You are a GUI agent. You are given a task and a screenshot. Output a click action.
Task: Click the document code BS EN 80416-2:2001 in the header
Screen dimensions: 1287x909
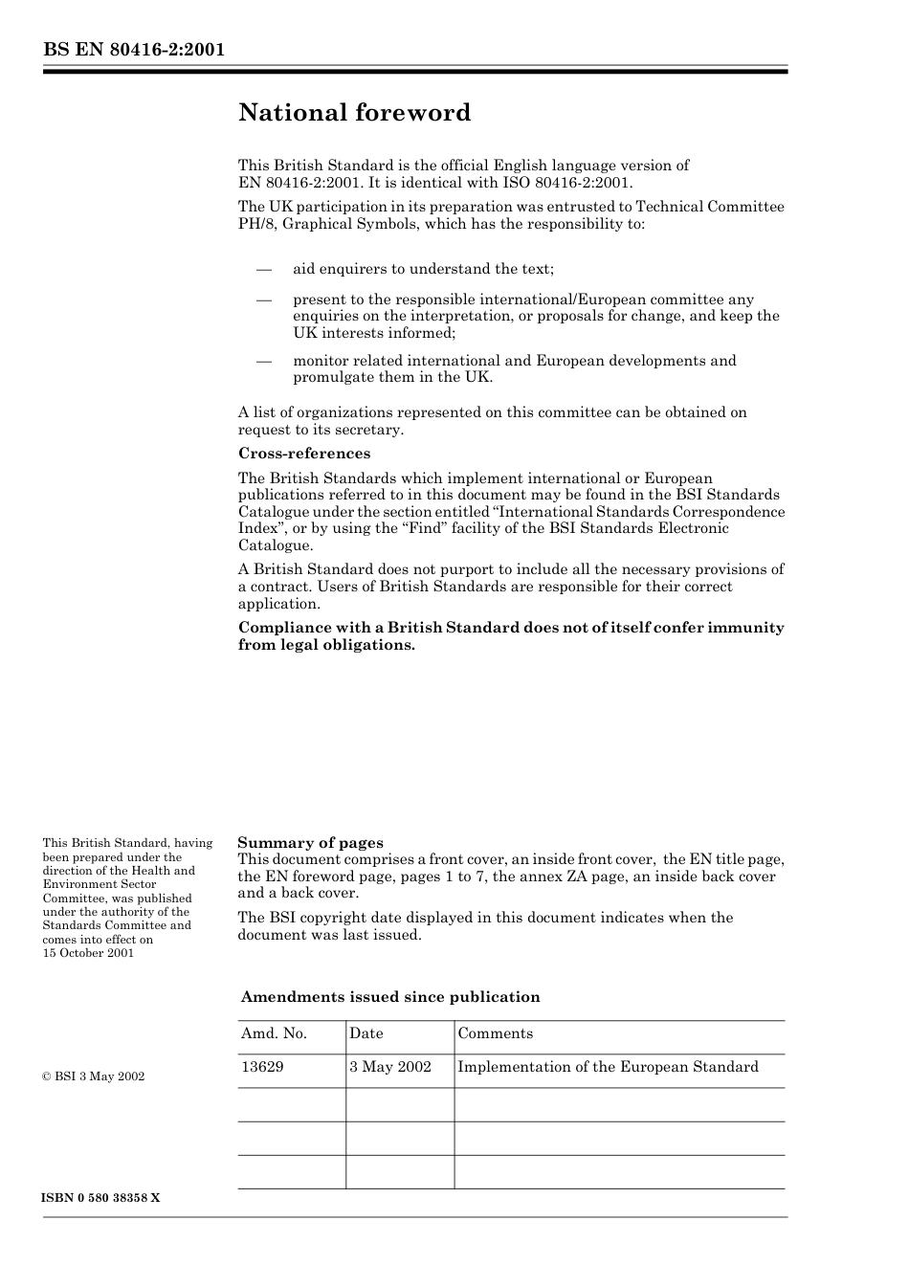[x=134, y=50]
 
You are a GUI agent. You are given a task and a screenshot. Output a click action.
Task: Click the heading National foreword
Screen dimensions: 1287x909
[x=354, y=113]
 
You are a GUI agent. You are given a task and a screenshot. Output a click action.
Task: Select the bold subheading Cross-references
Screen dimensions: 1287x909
[x=304, y=454]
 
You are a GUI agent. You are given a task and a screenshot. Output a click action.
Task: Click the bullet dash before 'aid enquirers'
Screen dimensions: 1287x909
[x=264, y=269]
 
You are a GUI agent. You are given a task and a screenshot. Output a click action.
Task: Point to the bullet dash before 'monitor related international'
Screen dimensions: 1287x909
[x=264, y=361]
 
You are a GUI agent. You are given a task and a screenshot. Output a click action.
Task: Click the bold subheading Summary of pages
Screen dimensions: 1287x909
[x=310, y=843]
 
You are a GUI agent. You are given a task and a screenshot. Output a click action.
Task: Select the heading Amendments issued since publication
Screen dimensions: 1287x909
[x=390, y=997]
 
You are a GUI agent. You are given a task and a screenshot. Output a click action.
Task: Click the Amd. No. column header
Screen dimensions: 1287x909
[x=274, y=1033]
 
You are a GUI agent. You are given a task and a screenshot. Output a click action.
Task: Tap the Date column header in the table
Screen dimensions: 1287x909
[x=366, y=1033]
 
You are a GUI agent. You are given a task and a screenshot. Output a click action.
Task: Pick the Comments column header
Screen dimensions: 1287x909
[x=496, y=1033]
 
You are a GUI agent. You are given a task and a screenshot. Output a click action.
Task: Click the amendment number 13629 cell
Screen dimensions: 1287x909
[x=262, y=1067]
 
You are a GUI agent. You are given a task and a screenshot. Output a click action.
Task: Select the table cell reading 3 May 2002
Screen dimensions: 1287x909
[x=390, y=1067]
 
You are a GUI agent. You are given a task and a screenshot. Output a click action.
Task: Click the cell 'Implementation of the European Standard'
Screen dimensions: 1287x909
[x=608, y=1067]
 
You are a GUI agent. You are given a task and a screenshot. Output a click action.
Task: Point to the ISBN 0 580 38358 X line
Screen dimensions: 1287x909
[x=101, y=1198]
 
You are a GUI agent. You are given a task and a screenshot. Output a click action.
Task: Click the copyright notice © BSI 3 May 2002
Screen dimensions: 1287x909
[x=94, y=1076]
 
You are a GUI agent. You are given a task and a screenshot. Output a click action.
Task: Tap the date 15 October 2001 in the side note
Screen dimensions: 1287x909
[x=88, y=953]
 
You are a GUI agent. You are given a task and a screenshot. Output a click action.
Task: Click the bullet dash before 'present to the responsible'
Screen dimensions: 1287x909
[x=264, y=300]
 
